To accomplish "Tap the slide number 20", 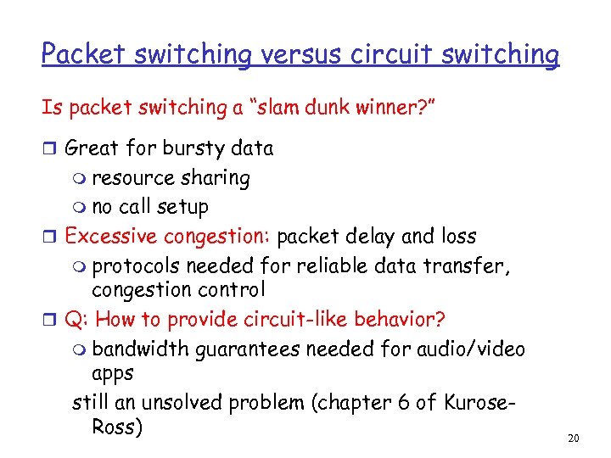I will pyautogui.click(x=573, y=438).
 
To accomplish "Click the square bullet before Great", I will pyautogui.click(x=49, y=149).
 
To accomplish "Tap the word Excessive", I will pyautogui.click(x=110, y=235).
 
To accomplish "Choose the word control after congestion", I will pyautogui.click(x=230, y=289).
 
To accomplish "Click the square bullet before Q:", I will pyautogui.click(x=49, y=321).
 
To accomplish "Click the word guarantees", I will pyautogui.click(x=249, y=349).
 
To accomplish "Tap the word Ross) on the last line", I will pyautogui.click(x=116, y=426).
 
